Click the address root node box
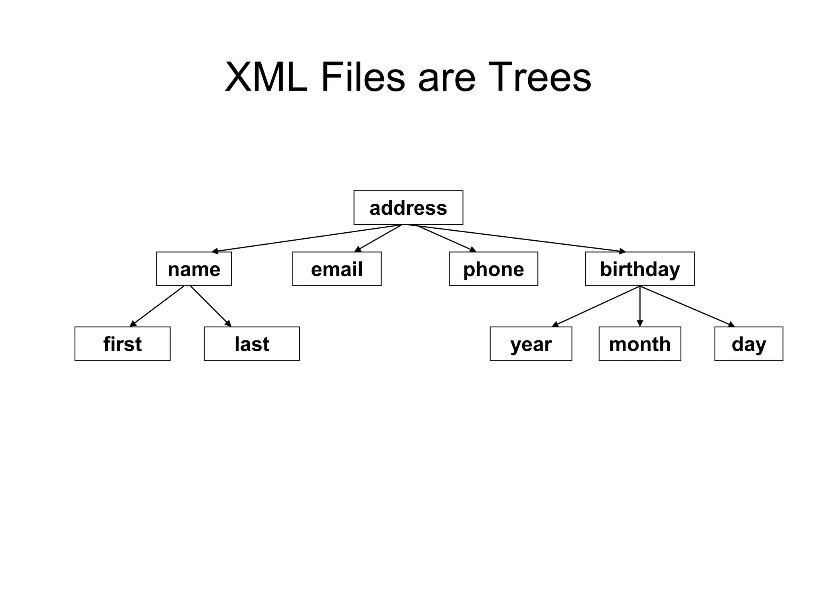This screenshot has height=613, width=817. coord(408,208)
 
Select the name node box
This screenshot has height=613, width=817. coord(194,269)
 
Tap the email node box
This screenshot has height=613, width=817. coord(337,269)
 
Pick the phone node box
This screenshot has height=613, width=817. coord(493,269)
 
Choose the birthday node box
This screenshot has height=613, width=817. coord(639,269)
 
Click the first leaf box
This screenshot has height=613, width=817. coord(122,344)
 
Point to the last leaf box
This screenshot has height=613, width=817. coord(252,344)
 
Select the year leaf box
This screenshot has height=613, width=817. coord(531,344)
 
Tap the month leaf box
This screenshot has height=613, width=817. coord(639,344)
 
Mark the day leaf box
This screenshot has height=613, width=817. coord(748,344)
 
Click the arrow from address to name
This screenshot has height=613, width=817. coord(306,238)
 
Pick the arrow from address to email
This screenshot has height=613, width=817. coord(378,238)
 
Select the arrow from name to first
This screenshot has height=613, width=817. coord(157,306)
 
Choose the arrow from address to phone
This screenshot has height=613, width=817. coord(445,238)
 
